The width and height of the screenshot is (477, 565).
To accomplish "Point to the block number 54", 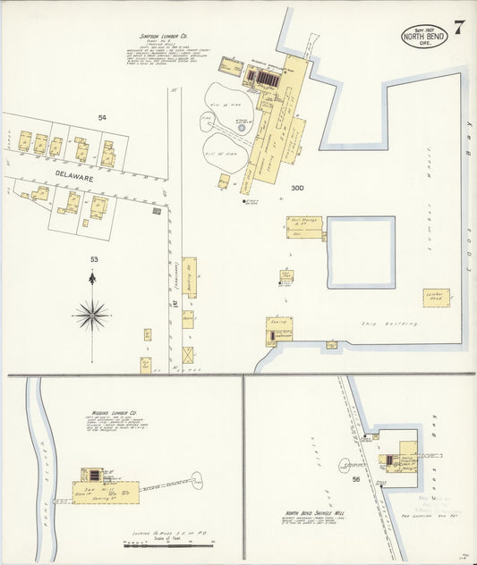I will click(102, 117).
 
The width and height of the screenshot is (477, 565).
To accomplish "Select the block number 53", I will click(93, 259).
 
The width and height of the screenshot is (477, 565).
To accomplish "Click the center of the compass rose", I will click(92, 314).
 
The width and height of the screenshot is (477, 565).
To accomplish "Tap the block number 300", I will click(297, 189).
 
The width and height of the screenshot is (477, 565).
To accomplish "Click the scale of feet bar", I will click(170, 543).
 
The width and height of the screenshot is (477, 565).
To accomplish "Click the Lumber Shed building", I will click(437, 298).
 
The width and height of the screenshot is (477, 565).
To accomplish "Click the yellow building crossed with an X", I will click(188, 355).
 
